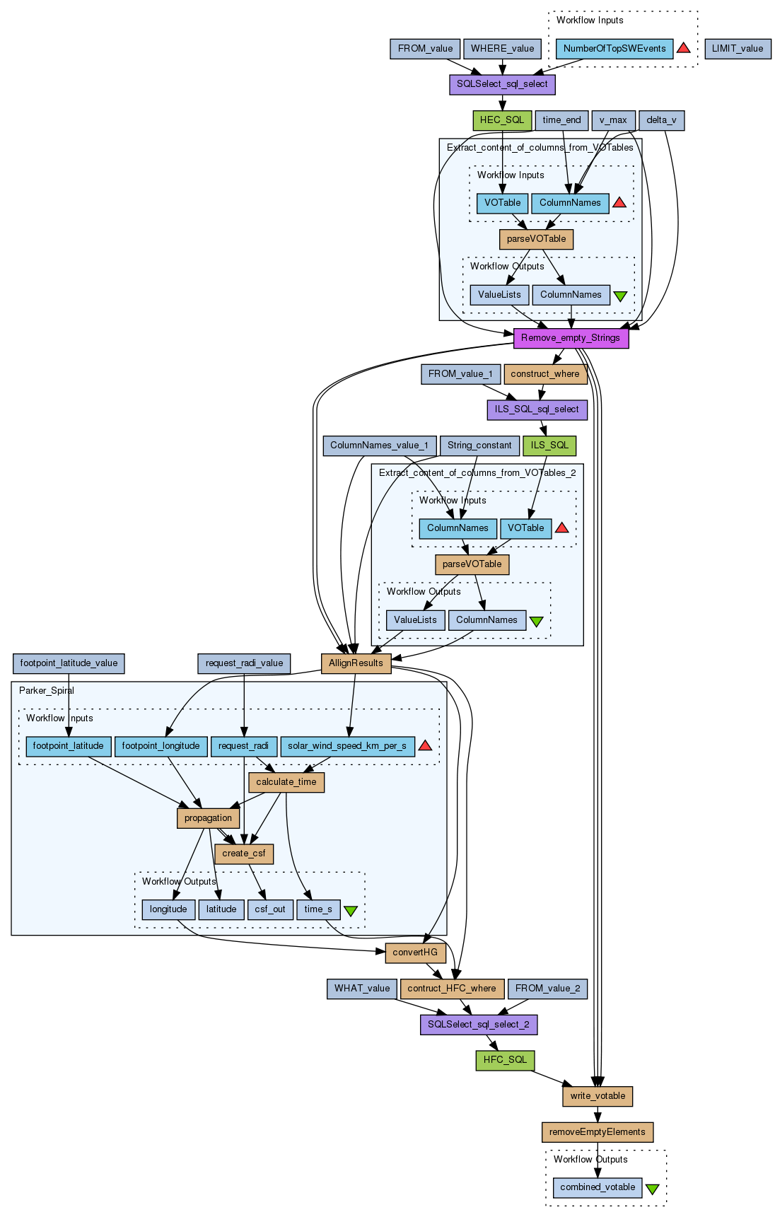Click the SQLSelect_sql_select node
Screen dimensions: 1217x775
point(502,84)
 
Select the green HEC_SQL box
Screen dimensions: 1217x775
point(502,120)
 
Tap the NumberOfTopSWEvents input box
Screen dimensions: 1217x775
point(614,49)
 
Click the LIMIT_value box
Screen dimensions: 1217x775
point(738,49)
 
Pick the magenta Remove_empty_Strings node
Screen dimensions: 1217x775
point(571,338)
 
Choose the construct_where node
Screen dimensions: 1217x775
point(544,374)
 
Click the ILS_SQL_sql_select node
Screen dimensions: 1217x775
point(537,409)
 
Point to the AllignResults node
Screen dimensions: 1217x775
point(356,663)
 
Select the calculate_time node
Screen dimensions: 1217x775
point(286,782)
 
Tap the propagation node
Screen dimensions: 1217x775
point(208,818)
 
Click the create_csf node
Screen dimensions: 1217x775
point(244,854)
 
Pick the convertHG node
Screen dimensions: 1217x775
point(415,953)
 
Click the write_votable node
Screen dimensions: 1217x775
point(598,1096)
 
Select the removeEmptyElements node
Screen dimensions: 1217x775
point(598,1132)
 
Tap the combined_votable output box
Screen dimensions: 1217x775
point(598,1187)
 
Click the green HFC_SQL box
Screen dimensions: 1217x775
point(505,1060)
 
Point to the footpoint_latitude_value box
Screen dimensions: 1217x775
point(69,663)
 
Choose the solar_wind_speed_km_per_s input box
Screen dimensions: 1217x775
point(347,746)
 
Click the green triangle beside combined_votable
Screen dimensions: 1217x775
point(652,1189)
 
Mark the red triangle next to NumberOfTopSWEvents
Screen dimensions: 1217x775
point(683,48)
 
